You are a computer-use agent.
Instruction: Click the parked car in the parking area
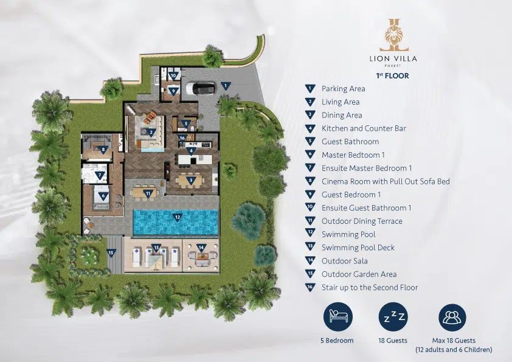click(x=200, y=88)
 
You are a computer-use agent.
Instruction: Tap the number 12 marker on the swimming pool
click(x=178, y=218)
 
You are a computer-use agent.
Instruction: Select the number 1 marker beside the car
click(x=226, y=86)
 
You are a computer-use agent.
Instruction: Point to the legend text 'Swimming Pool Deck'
click(x=358, y=248)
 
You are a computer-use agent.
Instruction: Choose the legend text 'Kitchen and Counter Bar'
click(x=364, y=128)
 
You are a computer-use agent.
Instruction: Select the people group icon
click(x=452, y=317)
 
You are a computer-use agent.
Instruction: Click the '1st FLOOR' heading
click(x=392, y=76)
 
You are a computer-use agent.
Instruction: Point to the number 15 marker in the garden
click(x=111, y=253)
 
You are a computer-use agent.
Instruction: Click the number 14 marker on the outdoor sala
click(x=201, y=248)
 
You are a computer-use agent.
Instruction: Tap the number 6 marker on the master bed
click(x=103, y=197)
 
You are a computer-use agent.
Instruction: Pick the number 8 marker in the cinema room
click(x=103, y=150)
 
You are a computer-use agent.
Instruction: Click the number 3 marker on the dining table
click(x=191, y=180)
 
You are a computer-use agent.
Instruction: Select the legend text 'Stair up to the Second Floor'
click(x=370, y=288)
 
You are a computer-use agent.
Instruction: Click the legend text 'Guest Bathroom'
click(x=350, y=142)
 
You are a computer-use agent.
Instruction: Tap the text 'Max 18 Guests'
click(x=454, y=341)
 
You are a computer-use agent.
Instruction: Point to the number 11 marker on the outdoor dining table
click(x=148, y=193)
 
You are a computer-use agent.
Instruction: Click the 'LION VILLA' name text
click(x=393, y=59)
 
